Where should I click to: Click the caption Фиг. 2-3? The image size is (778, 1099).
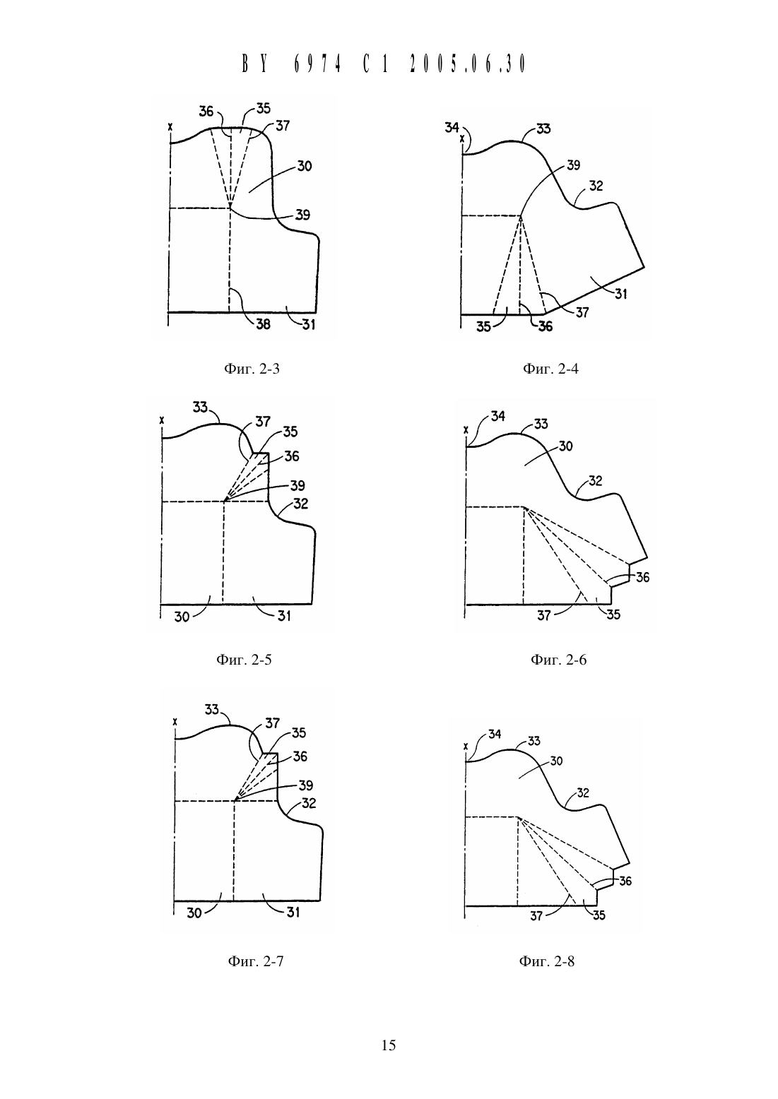pos(252,369)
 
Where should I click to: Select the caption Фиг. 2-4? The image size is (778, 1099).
pos(550,369)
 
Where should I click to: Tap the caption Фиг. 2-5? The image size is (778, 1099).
pos(244,660)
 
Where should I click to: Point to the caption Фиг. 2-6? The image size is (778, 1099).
pos(558,660)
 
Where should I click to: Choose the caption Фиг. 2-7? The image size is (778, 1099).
pos(256,961)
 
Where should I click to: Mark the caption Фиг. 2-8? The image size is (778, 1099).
pos(547,961)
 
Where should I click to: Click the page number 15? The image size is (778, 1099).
pos(388,1045)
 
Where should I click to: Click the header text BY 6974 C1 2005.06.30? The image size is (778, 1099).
pos(384,64)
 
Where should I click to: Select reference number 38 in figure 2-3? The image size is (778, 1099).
pos(263,324)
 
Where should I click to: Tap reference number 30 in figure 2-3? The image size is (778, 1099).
pos(305,166)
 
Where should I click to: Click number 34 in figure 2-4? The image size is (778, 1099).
pos(452,128)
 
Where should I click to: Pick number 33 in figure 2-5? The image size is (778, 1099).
pos(200,408)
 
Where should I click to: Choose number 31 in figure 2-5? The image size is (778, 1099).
pos(284,616)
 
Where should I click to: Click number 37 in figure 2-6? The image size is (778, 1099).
pos(544,615)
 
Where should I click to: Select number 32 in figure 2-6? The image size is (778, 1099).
pos(595,481)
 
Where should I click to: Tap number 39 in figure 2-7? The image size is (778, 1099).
pos(306,785)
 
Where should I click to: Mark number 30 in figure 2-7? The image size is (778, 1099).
pos(194,913)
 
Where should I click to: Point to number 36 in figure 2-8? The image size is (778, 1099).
pos(625,881)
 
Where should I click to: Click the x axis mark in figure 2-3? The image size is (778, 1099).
pos(170,126)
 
